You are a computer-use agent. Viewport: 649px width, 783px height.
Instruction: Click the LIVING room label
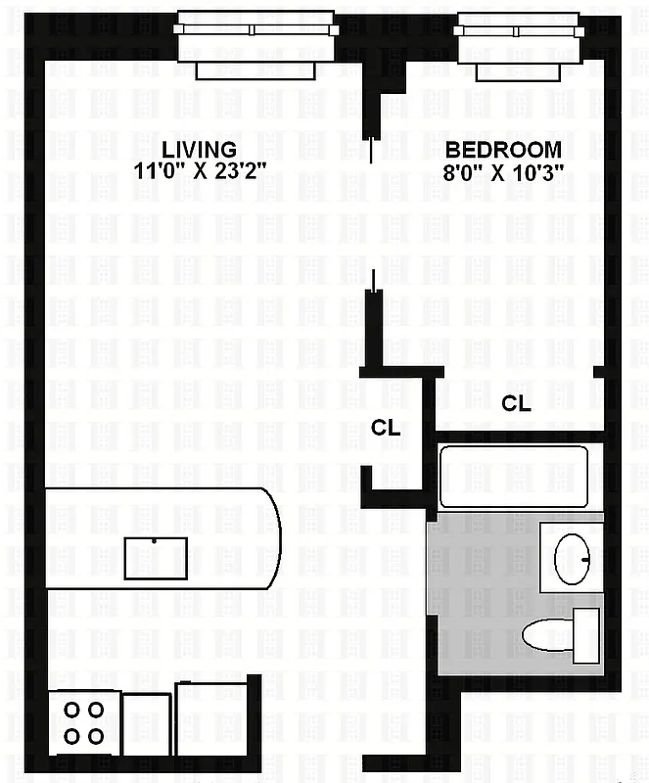pos(199,150)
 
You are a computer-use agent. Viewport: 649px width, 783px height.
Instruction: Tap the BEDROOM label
pos(503,150)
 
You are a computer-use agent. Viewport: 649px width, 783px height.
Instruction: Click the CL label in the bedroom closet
pos(516,402)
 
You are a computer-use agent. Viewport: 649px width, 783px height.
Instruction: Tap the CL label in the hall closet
pos(386,427)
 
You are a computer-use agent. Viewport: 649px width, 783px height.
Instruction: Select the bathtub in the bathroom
pos(513,476)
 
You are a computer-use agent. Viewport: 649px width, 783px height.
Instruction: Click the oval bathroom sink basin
pos(572,557)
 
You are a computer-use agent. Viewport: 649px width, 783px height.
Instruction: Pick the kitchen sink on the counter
pos(156,558)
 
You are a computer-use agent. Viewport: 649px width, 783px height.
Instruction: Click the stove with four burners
pos(83,722)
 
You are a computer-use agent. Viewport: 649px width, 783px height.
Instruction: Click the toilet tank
pos(585,634)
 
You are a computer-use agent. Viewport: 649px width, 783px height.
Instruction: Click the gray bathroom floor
pos(480,607)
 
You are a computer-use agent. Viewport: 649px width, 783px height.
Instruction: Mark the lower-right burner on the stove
pos(96,735)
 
